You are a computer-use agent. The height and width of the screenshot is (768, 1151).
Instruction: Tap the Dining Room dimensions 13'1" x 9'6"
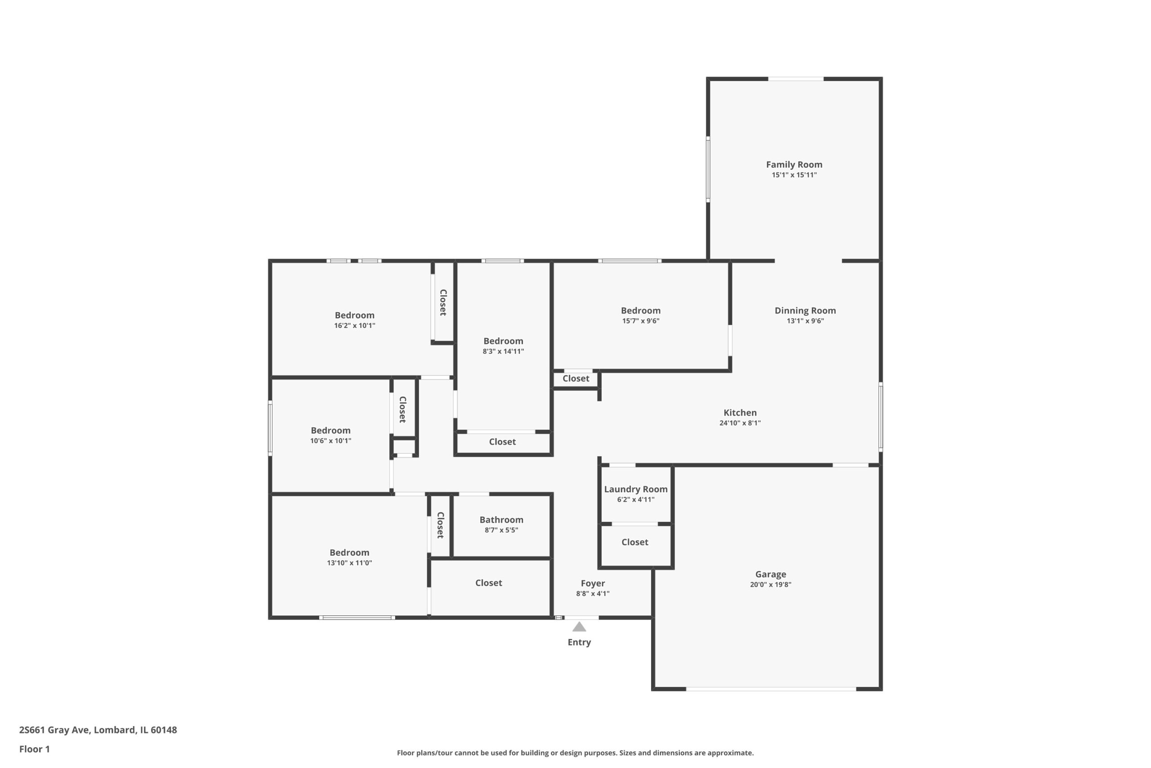click(x=805, y=321)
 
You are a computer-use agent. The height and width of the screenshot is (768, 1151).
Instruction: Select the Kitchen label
click(x=740, y=413)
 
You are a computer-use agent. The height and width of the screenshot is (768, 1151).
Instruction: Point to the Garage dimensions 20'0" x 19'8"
click(x=770, y=584)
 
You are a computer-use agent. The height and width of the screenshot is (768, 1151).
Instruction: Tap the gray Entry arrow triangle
click(x=579, y=626)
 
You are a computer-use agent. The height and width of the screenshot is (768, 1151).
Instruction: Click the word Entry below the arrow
click(x=579, y=642)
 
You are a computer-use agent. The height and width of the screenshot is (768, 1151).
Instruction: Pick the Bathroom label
click(x=501, y=520)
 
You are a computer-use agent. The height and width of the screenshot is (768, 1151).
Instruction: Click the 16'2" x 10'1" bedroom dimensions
click(x=354, y=326)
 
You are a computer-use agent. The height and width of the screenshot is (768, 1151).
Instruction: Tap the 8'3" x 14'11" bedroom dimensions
click(x=503, y=351)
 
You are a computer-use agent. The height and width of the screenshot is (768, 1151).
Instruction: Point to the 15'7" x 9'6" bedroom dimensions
click(x=641, y=321)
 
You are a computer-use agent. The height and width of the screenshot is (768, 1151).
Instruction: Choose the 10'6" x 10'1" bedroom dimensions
click(x=330, y=441)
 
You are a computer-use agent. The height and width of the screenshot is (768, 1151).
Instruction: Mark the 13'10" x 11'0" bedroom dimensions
click(x=349, y=563)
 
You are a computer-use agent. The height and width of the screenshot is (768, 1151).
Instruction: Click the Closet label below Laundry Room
click(x=635, y=542)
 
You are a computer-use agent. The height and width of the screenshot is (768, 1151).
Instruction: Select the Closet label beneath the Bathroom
click(x=488, y=582)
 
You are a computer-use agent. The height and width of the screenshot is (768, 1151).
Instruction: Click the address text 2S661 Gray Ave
click(x=54, y=730)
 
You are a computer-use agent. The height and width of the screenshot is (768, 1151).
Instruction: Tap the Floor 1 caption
click(x=34, y=749)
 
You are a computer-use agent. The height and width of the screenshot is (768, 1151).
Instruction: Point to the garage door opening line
click(x=771, y=689)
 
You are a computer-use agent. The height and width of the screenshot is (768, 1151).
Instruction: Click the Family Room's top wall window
click(x=796, y=79)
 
